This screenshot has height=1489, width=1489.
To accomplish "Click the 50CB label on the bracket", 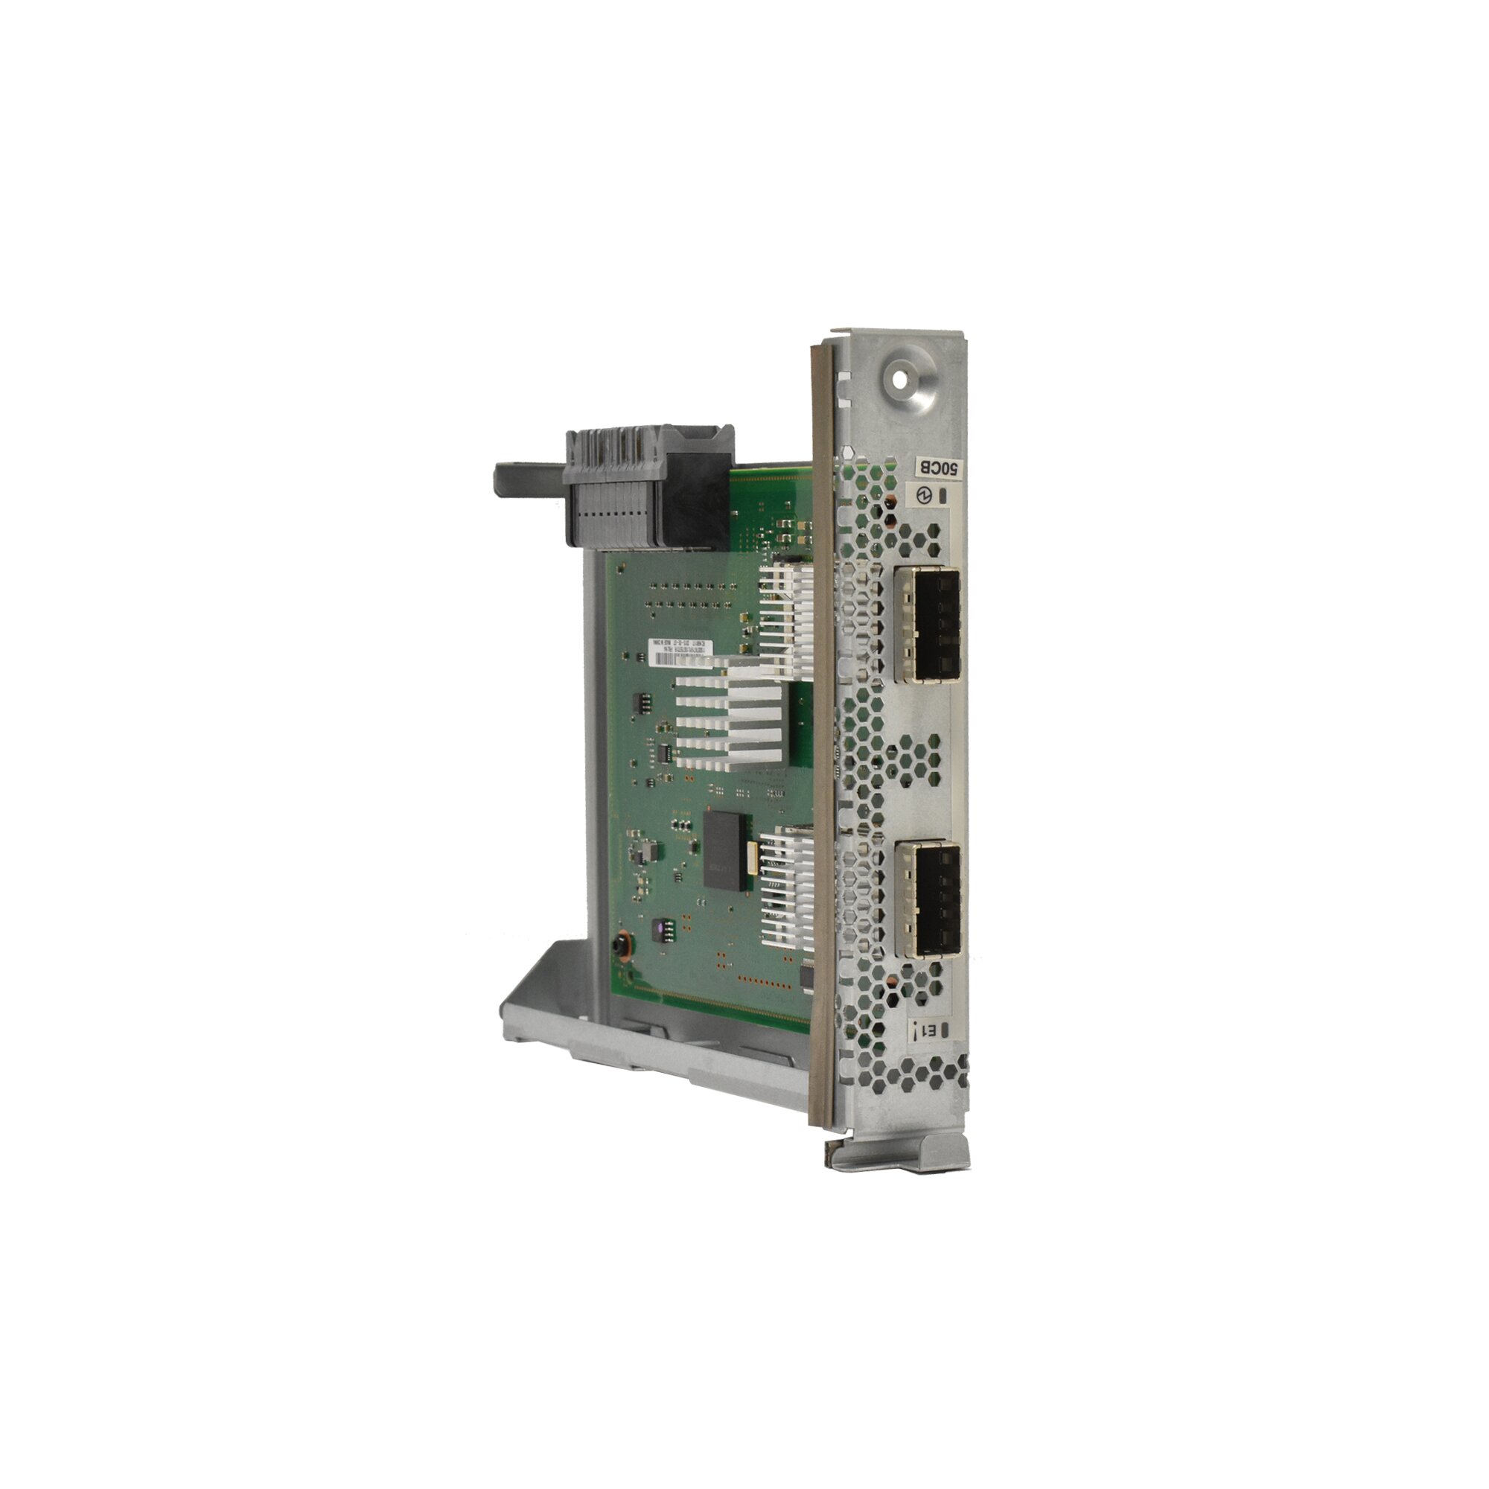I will pyautogui.click(x=938, y=468).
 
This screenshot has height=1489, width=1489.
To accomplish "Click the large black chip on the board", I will pyautogui.click(x=722, y=849).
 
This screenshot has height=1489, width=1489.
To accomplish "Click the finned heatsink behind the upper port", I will pyautogui.click(x=786, y=609).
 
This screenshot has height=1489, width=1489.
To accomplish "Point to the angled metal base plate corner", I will pyautogui.click(x=532, y=1002).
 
